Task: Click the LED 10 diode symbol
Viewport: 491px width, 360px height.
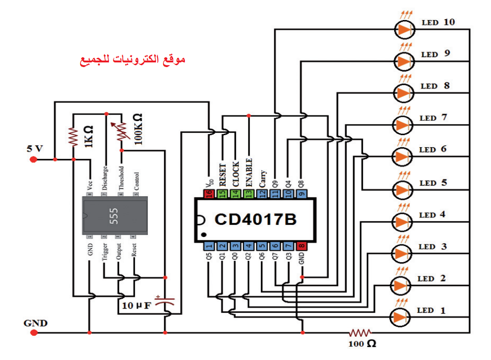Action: pyautogui.click(x=404, y=29)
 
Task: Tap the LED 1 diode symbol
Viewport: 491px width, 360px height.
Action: pyautogui.click(x=400, y=317)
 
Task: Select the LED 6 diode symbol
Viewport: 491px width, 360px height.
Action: pyautogui.click(x=402, y=156)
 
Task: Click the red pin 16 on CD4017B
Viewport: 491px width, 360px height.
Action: pyautogui.click(x=209, y=194)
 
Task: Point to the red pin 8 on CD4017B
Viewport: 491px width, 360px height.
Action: pyautogui.click(x=301, y=246)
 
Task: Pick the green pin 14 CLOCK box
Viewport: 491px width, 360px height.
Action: pyautogui.click(x=235, y=194)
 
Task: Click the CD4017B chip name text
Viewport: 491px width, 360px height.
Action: pyautogui.click(x=256, y=219)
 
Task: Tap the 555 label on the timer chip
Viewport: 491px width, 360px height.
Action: pyautogui.click(x=114, y=216)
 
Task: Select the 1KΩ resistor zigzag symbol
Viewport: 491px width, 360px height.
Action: pyautogui.click(x=73, y=137)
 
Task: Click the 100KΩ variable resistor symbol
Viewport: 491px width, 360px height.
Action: pyautogui.click(x=121, y=131)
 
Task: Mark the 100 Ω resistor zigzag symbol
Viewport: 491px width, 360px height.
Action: pyautogui.click(x=360, y=333)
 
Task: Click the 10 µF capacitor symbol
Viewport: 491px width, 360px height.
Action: pyautogui.click(x=165, y=301)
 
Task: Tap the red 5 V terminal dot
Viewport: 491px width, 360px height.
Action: pyautogui.click(x=33, y=160)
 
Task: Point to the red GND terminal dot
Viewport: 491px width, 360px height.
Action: pyautogui.click(x=34, y=333)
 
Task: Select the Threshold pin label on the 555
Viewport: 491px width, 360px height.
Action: pyautogui.click(x=121, y=178)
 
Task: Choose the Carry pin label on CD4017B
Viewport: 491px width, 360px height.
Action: pyautogui.click(x=263, y=179)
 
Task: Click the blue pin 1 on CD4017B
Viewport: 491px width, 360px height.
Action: pyautogui.click(x=209, y=246)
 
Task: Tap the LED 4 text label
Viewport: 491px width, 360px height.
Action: pyautogui.click(x=432, y=215)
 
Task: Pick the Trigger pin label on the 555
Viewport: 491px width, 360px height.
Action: pyautogui.click(x=105, y=251)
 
